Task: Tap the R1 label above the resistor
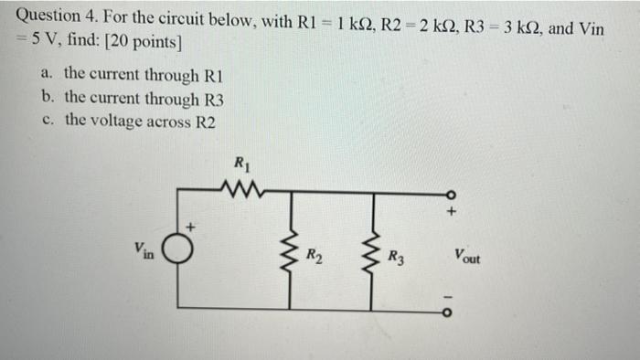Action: (x=241, y=165)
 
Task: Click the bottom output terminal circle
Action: (x=448, y=309)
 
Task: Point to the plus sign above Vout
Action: (x=451, y=213)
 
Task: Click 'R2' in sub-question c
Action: (x=206, y=122)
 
